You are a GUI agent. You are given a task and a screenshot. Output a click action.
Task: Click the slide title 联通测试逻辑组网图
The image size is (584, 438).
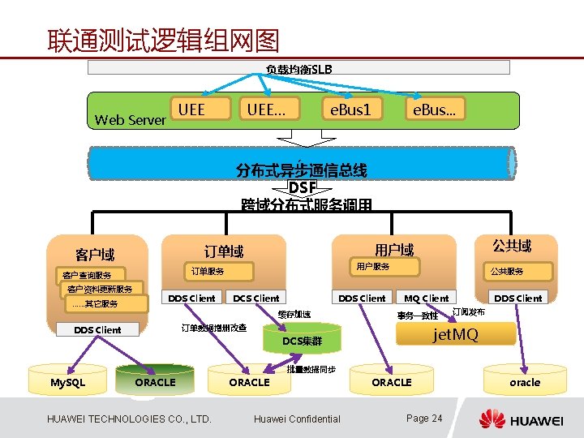tap(163, 39)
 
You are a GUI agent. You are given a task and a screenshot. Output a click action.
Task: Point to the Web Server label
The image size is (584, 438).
tap(130, 120)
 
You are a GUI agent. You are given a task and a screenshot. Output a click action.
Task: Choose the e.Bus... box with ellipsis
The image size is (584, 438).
tap(435, 109)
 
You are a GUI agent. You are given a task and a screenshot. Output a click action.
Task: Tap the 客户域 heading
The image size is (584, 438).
tap(95, 255)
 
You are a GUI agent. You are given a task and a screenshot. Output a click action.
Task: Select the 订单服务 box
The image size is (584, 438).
tap(208, 271)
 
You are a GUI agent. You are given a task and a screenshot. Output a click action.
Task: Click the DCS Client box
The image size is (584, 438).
tap(255, 298)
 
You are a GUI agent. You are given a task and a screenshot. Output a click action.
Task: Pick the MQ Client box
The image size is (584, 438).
tap(427, 298)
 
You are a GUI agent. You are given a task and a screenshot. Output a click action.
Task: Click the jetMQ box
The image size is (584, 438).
tap(456, 333)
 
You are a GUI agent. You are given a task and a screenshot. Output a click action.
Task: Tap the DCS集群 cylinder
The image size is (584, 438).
tap(302, 341)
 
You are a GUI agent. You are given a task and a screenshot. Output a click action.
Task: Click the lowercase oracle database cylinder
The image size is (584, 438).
tap(524, 382)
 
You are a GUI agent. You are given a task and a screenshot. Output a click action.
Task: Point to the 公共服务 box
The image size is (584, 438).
tap(507, 271)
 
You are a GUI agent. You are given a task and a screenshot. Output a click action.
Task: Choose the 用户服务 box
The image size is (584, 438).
tap(374, 266)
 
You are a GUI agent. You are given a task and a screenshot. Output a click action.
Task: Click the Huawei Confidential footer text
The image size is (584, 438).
tap(297, 419)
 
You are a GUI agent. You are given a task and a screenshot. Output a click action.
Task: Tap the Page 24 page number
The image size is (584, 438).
tap(424, 419)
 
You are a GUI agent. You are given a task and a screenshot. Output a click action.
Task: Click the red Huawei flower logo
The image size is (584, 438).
tap(492, 419)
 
